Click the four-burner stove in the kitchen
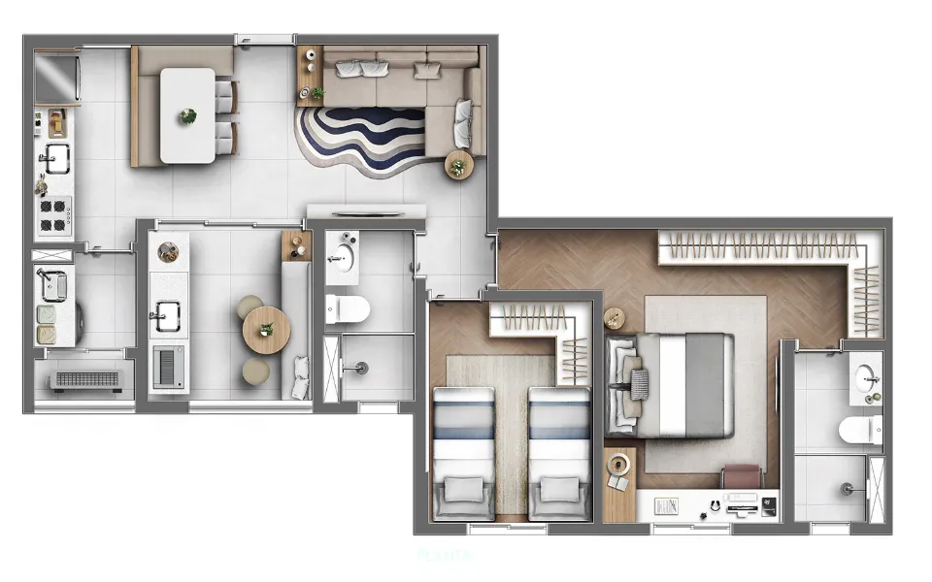[54, 216]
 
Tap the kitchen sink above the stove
[54, 156]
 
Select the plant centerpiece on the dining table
[187, 116]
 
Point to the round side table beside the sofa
[457, 167]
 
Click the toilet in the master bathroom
[860, 427]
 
